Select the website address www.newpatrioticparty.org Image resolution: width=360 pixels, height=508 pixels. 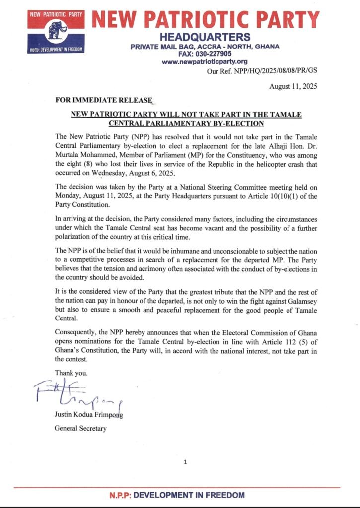pos(205,62)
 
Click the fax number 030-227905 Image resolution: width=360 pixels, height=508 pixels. pos(217,54)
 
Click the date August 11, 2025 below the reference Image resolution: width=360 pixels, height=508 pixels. pos(292,86)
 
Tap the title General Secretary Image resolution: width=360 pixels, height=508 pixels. pos(80,428)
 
